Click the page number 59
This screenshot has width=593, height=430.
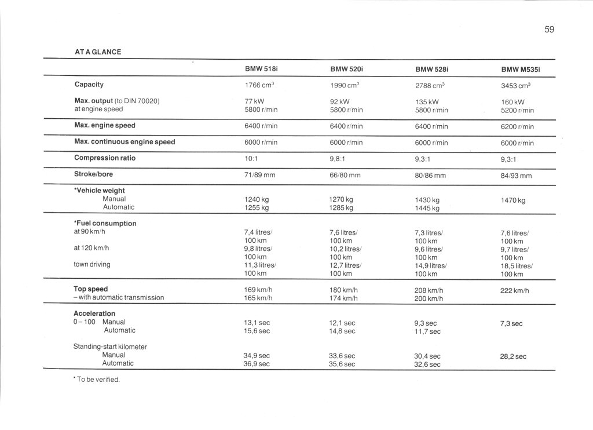pyautogui.click(x=549, y=30)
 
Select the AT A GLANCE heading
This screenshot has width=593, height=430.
pyautogui.click(x=98, y=52)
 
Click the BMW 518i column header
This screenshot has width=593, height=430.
pyautogui.click(x=262, y=69)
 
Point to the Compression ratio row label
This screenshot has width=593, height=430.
pyautogui.click(x=105, y=158)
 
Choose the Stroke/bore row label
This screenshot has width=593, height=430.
pyautogui.click(x=93, y=174)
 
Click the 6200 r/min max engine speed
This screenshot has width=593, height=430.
pyautogui.click(x=517, y=126)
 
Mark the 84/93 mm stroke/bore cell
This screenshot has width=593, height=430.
pyautogui.click(x=516, y=176)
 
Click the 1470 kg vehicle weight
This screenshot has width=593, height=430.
pyautogui.click(x=513, y=201)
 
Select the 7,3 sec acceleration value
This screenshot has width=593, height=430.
pyautogui.click(x=511, y=323)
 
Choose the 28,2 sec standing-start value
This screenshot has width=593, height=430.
pyautogui.click(x=513, y=357)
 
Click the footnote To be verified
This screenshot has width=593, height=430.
pyautogui.click(x=97, y=380)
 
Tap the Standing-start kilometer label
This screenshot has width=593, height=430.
pyautogui.click(x=110, y=347)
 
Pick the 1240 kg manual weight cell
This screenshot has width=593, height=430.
pyautogui.click(x=257, y=199)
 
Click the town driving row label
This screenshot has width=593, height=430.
pyautogui.click(x=92, y=264)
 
